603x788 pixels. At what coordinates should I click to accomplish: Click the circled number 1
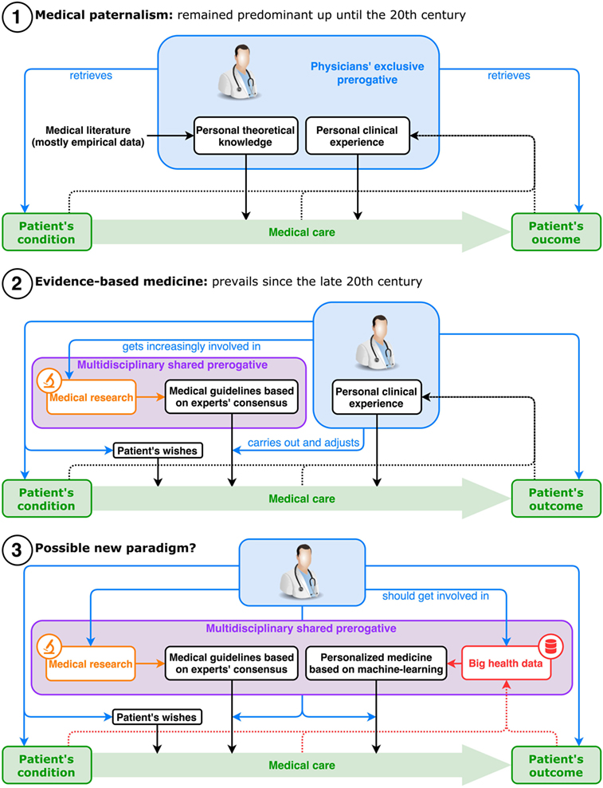click(17, 15)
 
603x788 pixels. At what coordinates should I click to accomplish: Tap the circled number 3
click(17, 549)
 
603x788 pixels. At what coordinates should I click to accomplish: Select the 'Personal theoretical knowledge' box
click(245, 136)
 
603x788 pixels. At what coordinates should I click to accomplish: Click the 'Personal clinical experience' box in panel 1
click(357, 136)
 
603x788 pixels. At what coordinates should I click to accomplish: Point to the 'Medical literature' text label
click(88, 136)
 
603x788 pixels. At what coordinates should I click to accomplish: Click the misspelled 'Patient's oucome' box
click(556, 232)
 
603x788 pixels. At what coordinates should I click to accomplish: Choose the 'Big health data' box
click(506, 663)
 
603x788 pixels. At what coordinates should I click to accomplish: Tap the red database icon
click(550, 647)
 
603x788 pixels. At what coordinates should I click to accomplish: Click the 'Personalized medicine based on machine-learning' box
click(375, 663)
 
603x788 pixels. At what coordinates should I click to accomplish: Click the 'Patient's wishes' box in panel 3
click(157, 717)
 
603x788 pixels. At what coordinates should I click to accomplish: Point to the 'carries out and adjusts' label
click(303, 442)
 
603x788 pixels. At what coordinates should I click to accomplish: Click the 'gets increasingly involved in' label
click(191, 346)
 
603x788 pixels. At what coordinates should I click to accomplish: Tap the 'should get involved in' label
click(435, 596)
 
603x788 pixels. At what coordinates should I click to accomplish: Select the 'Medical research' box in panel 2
click(91, 397)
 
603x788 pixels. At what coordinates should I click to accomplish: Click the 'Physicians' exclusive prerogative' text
click(367, 73)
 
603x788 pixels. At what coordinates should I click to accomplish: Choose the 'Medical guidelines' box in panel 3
click(232, 663)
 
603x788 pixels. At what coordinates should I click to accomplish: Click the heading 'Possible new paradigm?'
click(115, 548)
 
